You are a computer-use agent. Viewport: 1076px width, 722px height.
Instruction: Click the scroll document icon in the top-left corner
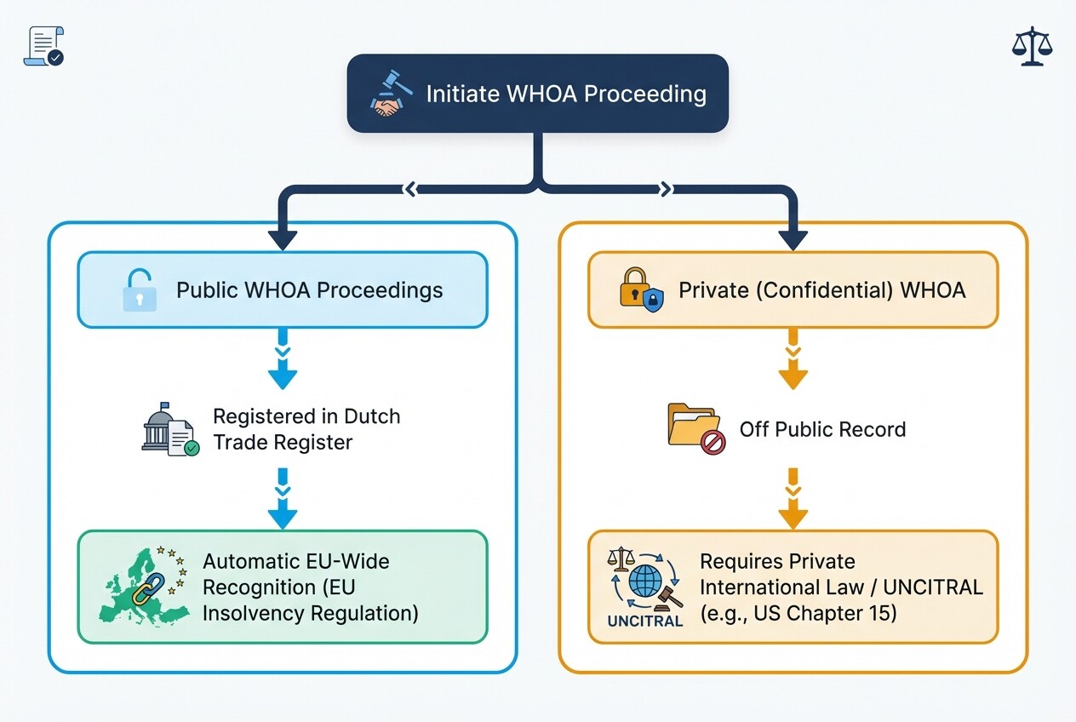(43, 46)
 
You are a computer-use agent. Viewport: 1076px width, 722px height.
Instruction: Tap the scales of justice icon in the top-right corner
(1032, 46)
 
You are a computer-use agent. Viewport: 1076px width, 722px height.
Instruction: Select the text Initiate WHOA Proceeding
(565, 94)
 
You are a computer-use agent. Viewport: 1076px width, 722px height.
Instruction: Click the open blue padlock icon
(140, 289)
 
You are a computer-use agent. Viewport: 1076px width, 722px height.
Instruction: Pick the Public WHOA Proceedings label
(309, 289)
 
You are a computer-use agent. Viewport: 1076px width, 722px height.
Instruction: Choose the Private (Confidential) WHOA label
(821, 289)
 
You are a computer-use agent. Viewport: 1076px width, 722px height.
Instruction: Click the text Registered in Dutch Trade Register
(306, 429)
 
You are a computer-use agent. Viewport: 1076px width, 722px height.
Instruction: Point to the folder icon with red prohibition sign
(695, 428)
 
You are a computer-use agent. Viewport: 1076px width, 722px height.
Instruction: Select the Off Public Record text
(822, 428)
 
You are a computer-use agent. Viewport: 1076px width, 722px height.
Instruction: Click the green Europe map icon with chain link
(143, 586)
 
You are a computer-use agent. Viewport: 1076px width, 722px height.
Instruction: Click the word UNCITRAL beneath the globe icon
(645, 622)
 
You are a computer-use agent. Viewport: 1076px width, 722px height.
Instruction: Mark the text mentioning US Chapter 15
(798, 612)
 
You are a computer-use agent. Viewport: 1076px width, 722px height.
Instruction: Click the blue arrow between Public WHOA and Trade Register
(283, 368)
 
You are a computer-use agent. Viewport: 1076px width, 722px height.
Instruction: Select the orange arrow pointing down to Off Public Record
(793, 368)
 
